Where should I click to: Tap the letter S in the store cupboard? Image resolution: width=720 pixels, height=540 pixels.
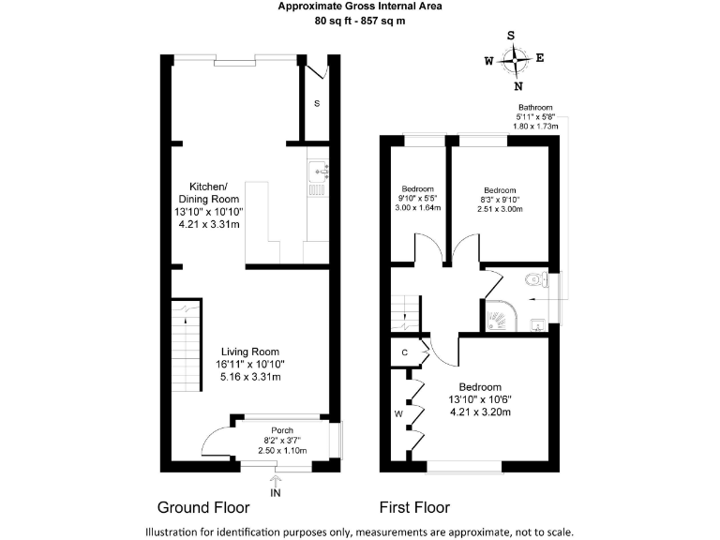[316, 103]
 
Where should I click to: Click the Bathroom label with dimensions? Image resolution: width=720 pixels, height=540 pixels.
[535, 116]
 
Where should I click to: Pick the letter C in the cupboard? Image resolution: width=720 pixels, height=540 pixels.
[404, 352]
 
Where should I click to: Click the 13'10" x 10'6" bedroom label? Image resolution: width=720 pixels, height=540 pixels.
[479, 398]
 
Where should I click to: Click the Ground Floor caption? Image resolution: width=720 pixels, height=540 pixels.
[202, 508]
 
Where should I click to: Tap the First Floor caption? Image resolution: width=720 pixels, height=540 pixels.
[413, 508]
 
